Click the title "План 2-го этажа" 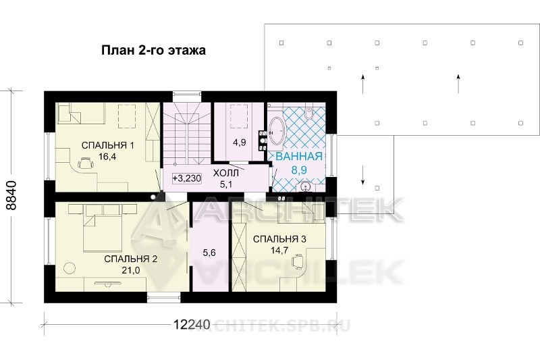[154, 50]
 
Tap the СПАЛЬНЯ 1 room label [108, 145]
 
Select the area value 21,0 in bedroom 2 [130, 270]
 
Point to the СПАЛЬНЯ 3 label [279, 239]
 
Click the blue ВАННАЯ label [299, 156]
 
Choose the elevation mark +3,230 [187, 178]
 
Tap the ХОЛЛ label [226, 174]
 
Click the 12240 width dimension [192, 324]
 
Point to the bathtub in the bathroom [277, 131]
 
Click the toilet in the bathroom [308, 113]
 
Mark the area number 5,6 [209, 253]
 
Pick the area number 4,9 [240, 143]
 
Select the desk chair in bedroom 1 [86, 163]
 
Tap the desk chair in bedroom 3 [298, 261]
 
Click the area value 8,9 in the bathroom [299, 169]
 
